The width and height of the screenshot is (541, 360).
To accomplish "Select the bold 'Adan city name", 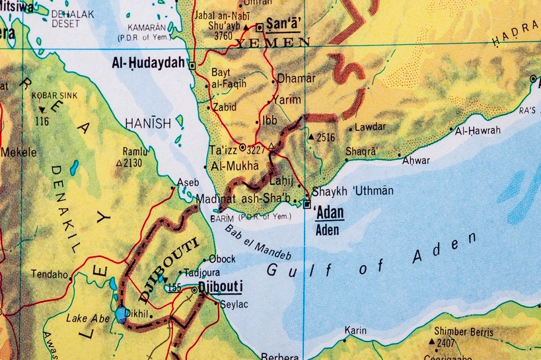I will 330,213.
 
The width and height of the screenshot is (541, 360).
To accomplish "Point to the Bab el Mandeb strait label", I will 258,242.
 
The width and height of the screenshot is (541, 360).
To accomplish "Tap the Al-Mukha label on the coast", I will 234,166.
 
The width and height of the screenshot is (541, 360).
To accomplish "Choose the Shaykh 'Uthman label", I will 352,192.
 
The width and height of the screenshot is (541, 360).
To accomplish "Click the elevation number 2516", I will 326,138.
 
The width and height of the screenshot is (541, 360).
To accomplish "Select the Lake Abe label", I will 86,318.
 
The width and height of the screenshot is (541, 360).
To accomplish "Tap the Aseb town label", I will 188,182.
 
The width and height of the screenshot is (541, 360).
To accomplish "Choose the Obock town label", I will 222,259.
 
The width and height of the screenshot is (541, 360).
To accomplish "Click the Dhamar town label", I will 296,79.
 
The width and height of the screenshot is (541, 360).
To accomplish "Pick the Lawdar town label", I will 370,127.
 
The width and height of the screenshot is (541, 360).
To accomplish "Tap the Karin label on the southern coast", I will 355,330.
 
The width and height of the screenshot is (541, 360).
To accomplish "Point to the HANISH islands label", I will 148,123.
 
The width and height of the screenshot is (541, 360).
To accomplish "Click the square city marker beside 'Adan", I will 307,205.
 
